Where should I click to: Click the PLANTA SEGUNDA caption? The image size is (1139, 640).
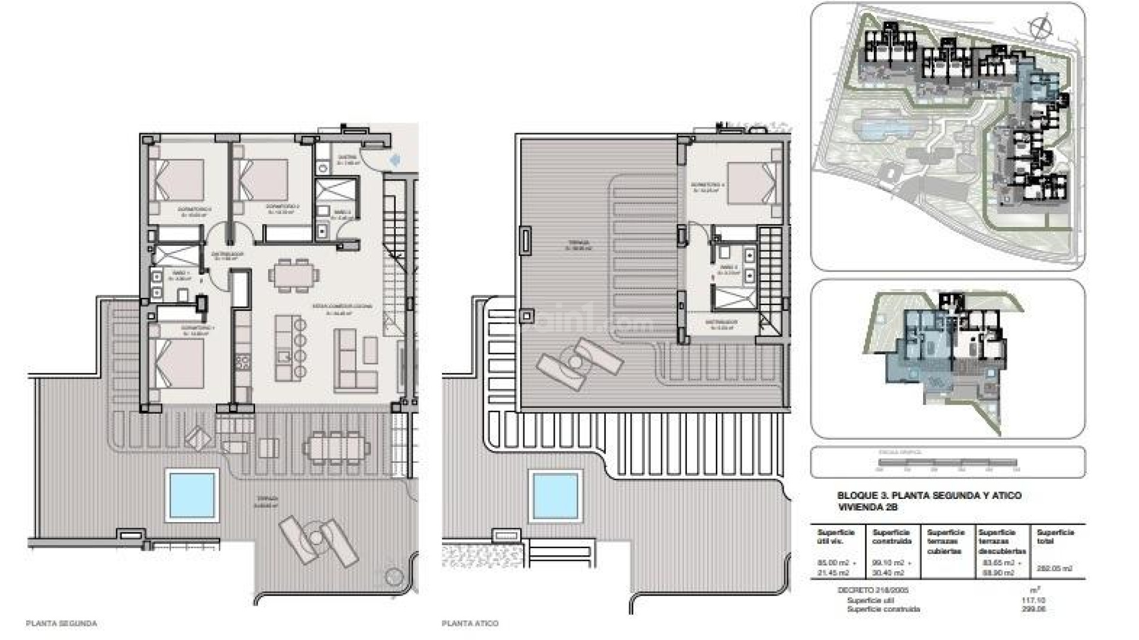[62, 623]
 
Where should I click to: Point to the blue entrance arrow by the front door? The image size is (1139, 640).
[396, 159]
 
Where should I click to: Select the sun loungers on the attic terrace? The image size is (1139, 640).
[578, 362]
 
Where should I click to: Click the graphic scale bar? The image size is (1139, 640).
[947, 462]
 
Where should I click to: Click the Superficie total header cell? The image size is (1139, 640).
[1055, 536]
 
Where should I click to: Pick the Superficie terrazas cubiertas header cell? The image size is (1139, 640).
[946, 541]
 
